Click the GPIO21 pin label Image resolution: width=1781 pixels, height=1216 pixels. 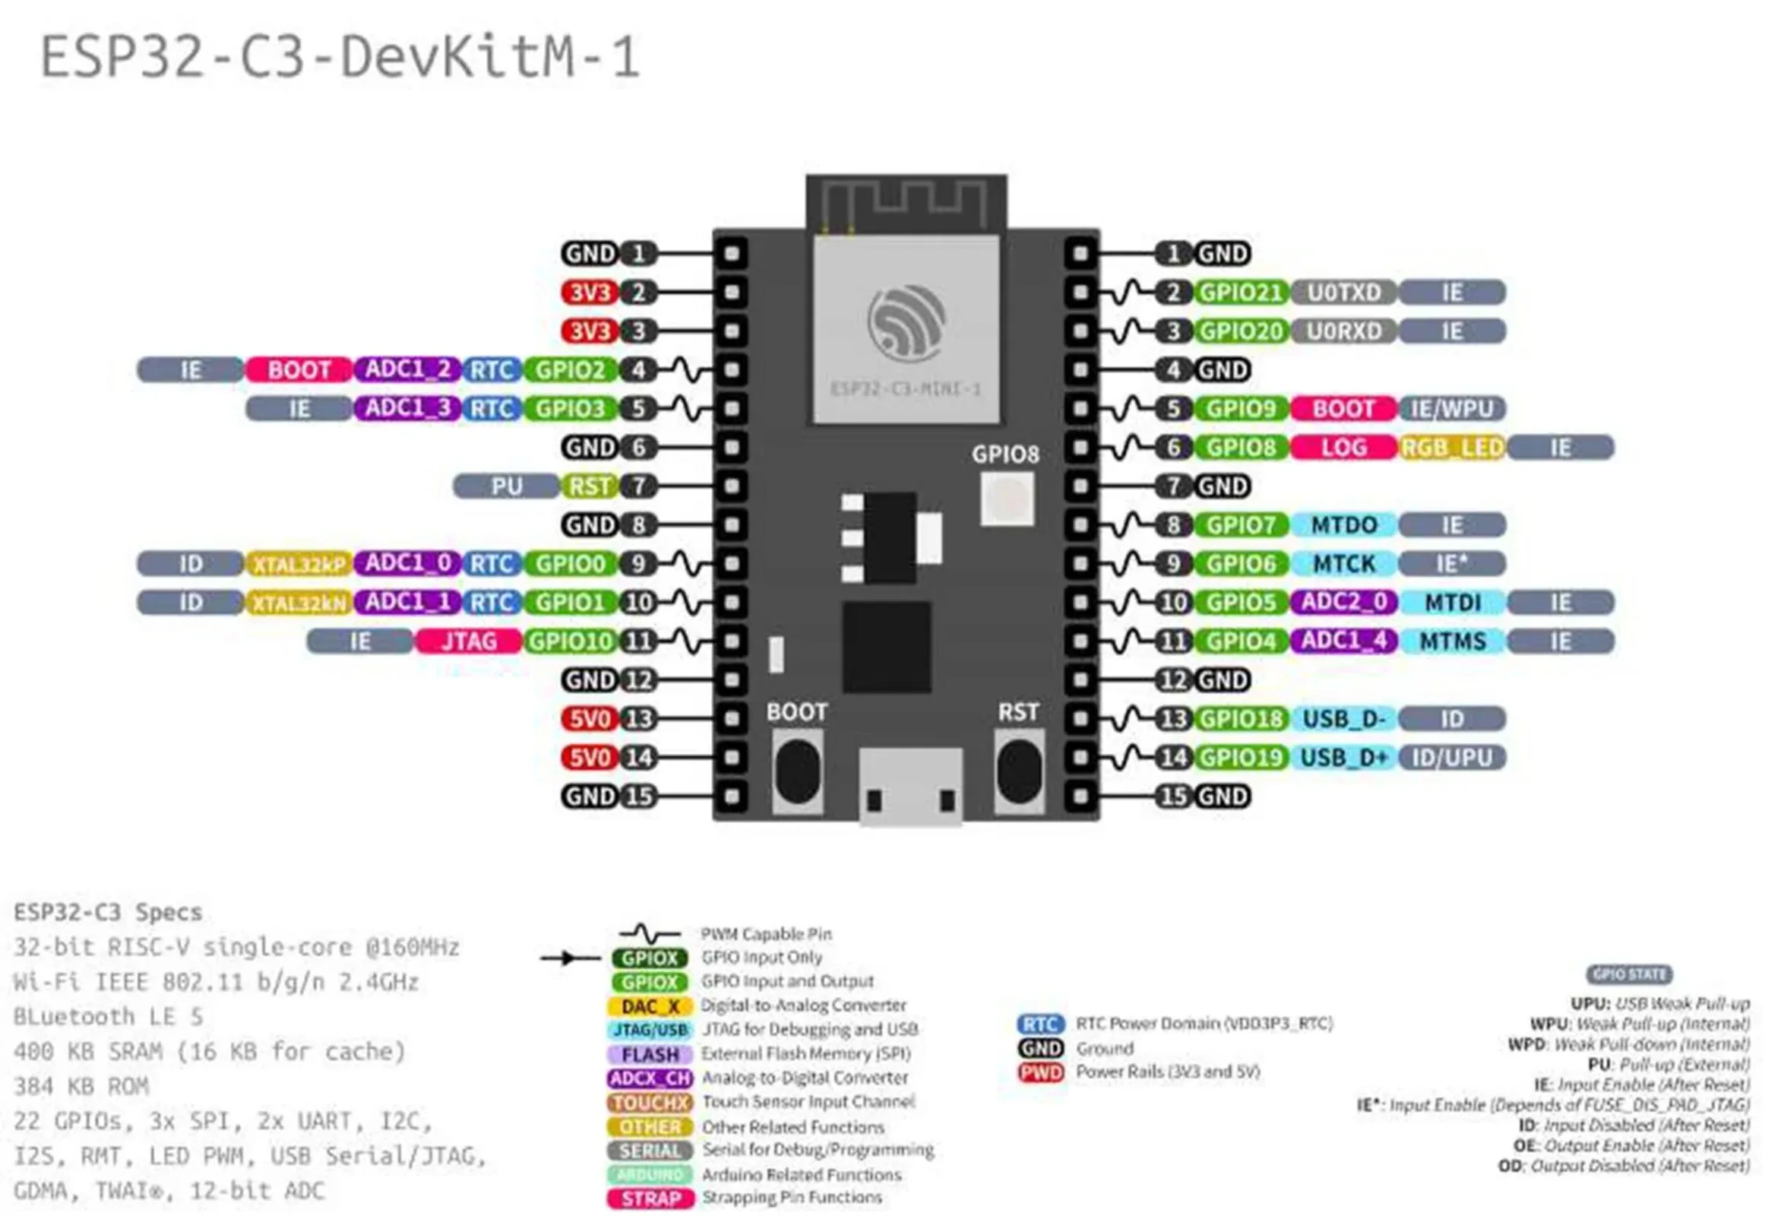point(1240,292)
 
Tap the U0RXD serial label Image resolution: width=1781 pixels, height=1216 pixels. point(1343,331)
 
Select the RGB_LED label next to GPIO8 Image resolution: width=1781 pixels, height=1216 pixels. point(1451,448)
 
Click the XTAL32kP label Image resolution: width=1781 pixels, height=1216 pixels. point(299,564)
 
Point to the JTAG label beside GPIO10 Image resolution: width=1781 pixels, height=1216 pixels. point(468,641)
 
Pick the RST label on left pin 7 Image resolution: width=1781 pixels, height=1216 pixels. point(589,486)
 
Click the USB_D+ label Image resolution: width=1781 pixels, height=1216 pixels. point(1343,758)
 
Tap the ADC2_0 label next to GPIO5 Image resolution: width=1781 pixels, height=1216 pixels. point(1343,602)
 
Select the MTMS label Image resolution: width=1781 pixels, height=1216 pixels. point(1451,641)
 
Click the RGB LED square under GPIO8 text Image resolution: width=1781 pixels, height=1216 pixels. point(1007,499)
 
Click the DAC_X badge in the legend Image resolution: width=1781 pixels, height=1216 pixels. point(650,1006)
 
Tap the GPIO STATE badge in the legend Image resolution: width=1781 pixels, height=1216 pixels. point(1628,974)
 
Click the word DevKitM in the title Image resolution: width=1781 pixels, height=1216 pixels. point(457,58)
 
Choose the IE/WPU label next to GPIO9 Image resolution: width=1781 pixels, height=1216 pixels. point(1451,409)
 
